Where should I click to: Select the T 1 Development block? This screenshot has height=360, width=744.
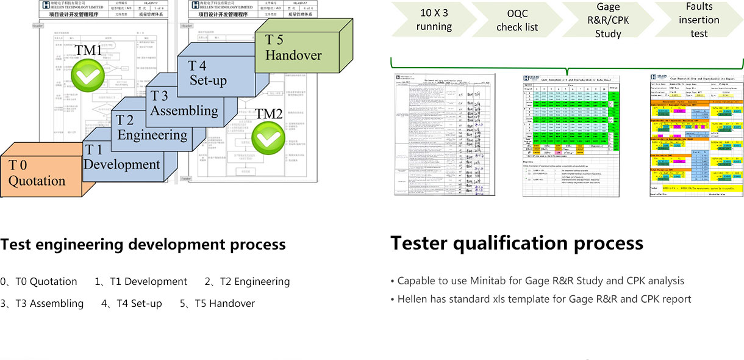[122, 157]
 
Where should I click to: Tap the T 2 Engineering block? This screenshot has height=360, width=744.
[152, 128]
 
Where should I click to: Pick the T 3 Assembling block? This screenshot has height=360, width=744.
[184, 103]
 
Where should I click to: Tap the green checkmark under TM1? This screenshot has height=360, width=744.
[88, 76]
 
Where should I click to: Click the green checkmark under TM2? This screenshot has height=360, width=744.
[269, 139]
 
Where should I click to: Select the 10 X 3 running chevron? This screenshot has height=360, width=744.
[434, 20]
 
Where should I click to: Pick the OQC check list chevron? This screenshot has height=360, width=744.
[517, 20]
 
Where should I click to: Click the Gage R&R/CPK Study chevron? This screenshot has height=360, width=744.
[607, 20]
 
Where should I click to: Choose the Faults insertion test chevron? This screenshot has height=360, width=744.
[699, 20]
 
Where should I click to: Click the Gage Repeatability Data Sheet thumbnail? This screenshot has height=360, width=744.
[571, 135]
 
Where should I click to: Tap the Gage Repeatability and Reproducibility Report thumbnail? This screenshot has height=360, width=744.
[696, 135]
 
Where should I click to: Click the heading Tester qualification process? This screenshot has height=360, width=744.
[517, 243]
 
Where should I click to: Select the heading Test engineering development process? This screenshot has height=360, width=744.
[143, 245]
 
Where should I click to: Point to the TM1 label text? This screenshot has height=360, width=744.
[88, 50]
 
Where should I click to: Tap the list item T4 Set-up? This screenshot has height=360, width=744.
[132, 303]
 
